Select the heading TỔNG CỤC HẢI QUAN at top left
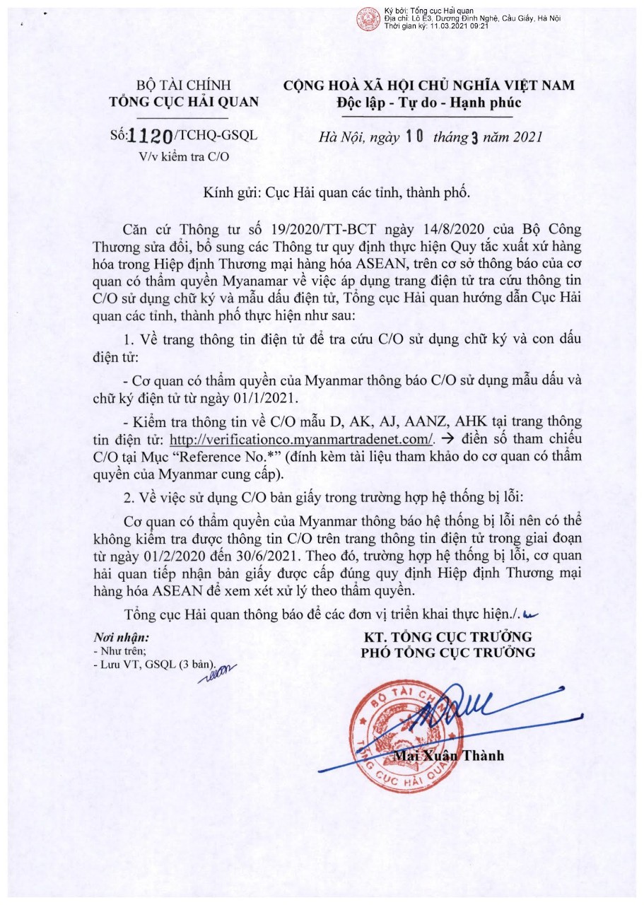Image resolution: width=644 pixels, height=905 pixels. (x=184, y=102)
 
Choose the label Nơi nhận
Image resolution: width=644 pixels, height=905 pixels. (x=121, y=636)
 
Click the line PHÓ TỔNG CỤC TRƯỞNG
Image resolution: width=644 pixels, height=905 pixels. (x=448, y=651)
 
